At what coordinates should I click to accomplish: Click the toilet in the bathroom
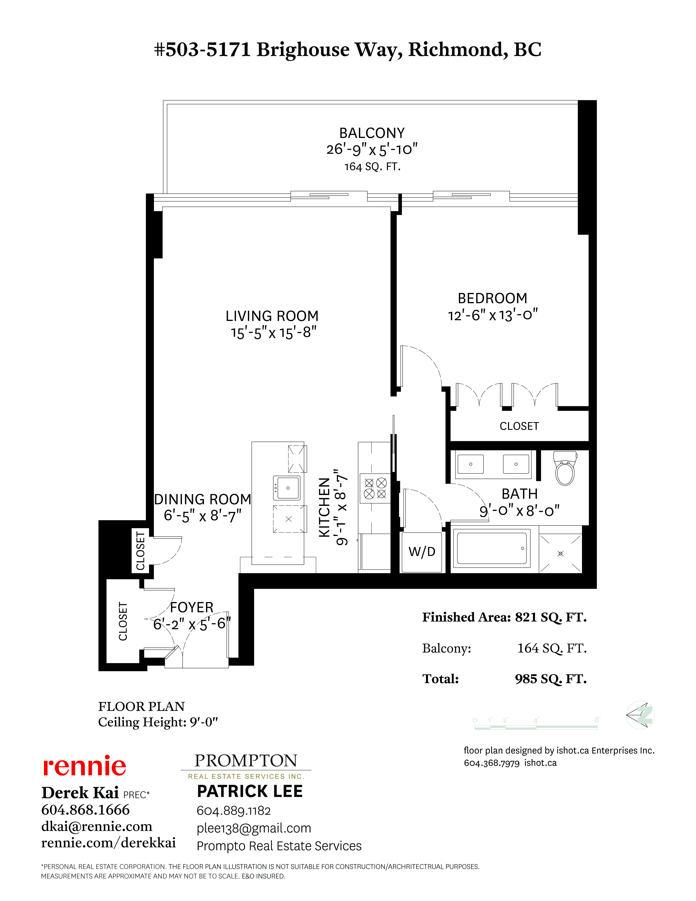point(565,468)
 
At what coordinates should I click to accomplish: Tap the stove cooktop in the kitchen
point(375,488)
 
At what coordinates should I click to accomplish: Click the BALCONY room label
point(372,133)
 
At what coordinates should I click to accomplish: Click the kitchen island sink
point(287,488)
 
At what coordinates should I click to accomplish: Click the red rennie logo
point(85,766)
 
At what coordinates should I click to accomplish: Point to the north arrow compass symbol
point(640,715)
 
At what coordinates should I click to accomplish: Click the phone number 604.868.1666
point(85,810)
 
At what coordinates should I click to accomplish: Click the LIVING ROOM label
point(272,316)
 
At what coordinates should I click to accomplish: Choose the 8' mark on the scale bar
point(597,720)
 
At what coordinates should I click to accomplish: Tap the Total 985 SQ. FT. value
point(551,679)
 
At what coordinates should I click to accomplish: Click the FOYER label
point(192,607)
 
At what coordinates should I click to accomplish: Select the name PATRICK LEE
point(250,791)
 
